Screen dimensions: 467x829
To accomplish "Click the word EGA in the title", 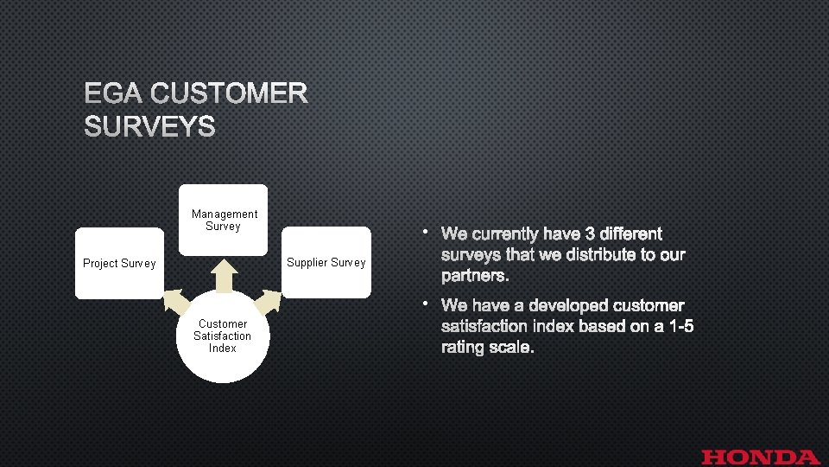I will pyautogui.click(x=114, y=93).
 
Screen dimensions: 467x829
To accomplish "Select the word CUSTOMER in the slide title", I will pyautogui.click(x=229, y=93).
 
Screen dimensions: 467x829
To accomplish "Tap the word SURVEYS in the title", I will pyautogui.click(x=149, y=128).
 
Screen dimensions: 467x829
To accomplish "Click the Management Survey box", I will pyautogui.click(x=224, y=220).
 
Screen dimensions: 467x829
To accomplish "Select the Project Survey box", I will pyautogui.click(x=119, y=263).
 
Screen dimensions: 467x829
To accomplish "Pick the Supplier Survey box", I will pyautogui.click(x=326, y=262).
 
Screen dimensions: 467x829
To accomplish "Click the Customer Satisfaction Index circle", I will pyautogui.click(x=222, y=338).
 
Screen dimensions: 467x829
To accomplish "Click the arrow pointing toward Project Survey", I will pyautogui.click(x=175, y=300).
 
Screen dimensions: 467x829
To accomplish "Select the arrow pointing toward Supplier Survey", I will pyautogui.click(x=269, y=299).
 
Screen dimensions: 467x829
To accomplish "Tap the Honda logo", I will pyautogui.click(x=761, y=457).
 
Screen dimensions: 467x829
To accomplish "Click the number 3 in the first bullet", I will pyautogui.click(x=592, y=234).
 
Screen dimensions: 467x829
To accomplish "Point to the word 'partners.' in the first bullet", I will pyautogui.click(x=474, y=276).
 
